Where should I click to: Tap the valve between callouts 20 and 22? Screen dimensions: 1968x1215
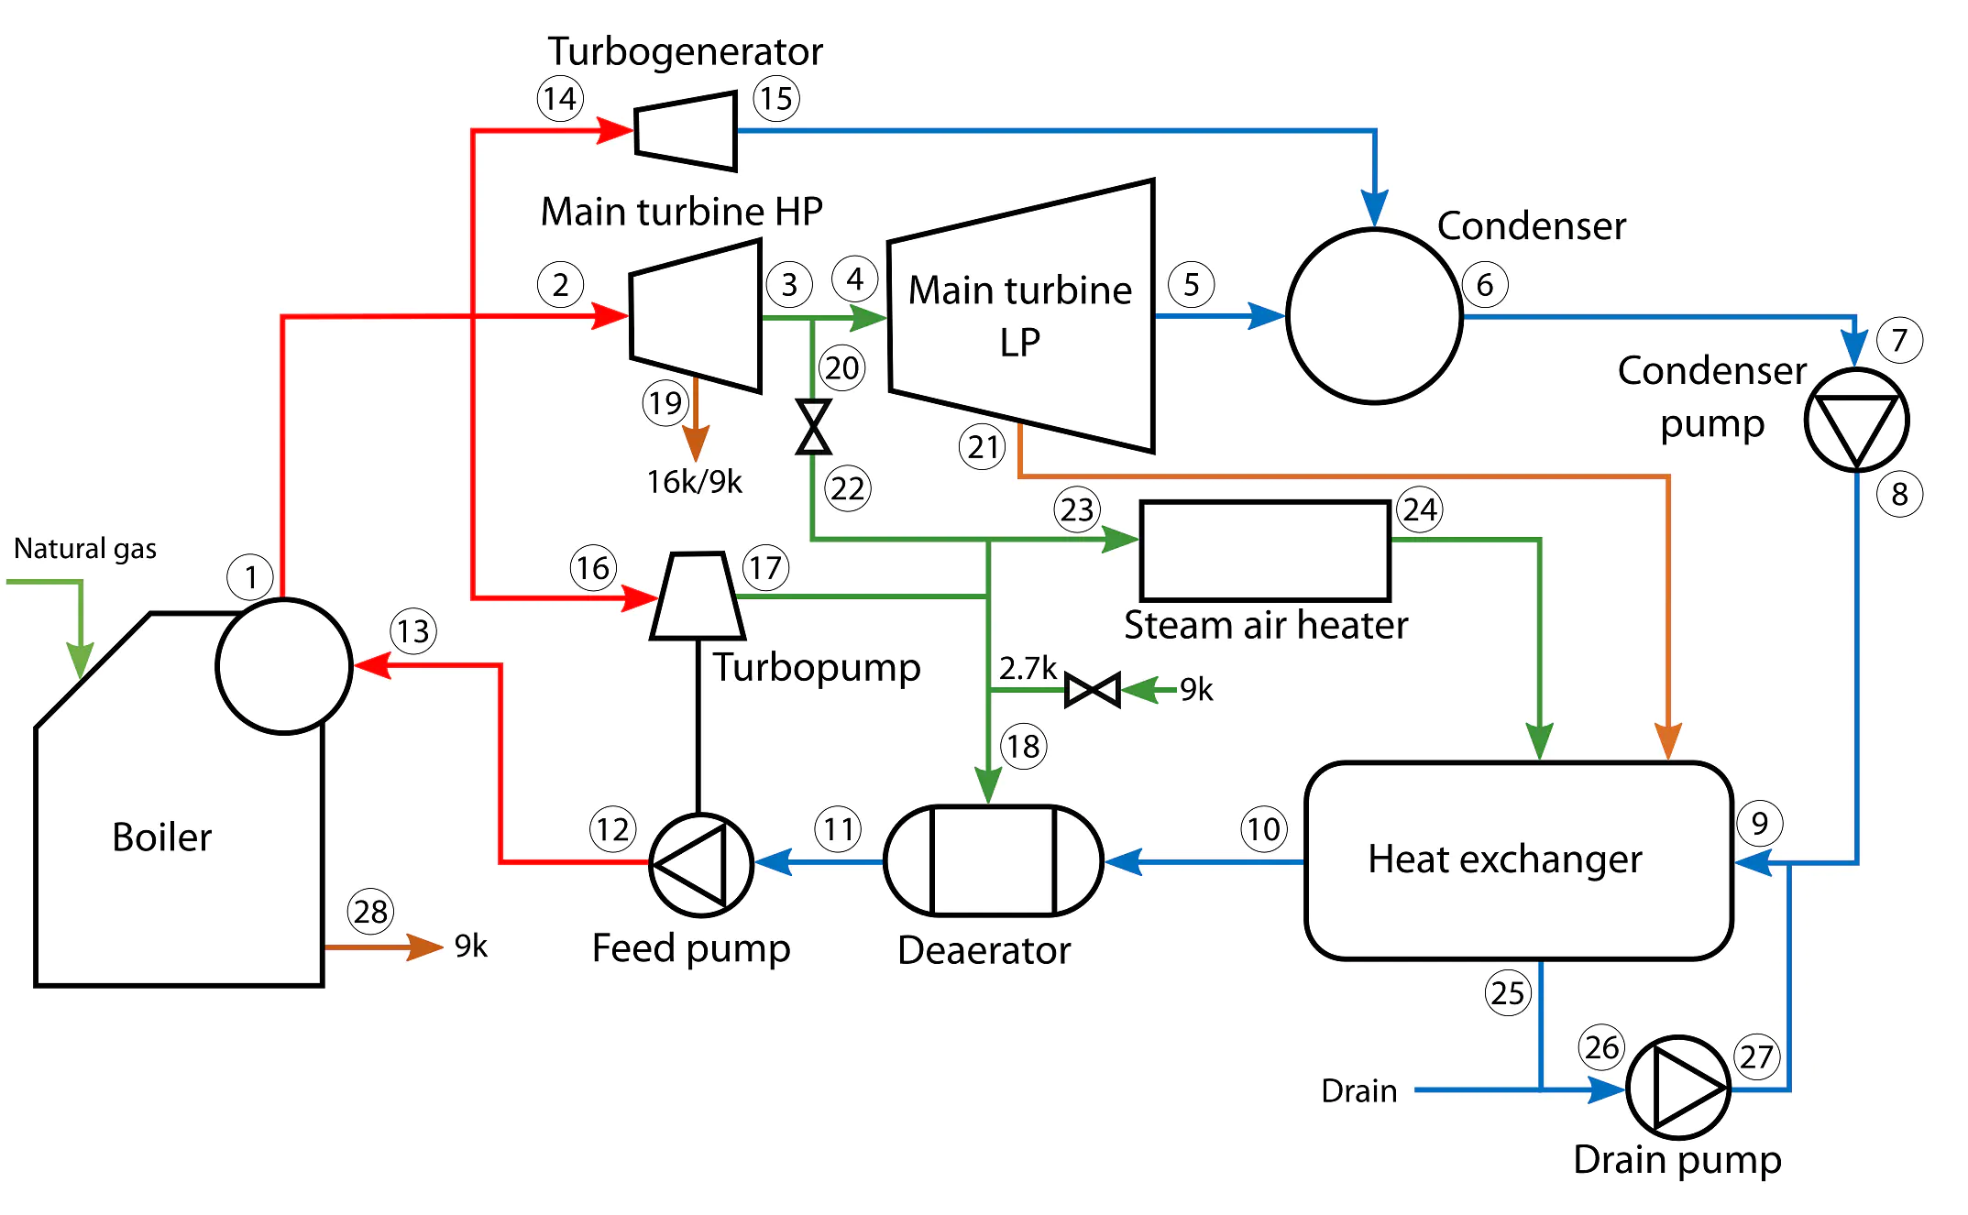[813, 427]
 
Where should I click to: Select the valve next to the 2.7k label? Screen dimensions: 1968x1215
[1093, 690]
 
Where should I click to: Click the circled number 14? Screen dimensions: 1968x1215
[560, 98]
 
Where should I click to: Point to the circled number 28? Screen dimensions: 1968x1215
[370, 911]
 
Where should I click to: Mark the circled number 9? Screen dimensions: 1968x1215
[1759, 823]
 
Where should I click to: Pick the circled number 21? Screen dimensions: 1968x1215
[983, 447]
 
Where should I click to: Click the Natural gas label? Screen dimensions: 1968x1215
[85, 549]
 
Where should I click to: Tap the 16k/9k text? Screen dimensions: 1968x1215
[695, 481]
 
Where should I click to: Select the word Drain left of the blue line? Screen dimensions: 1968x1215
[1359, 1090]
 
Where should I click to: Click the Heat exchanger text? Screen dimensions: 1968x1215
[1505, 859]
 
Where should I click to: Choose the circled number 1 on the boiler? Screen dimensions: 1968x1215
[250, 576]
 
